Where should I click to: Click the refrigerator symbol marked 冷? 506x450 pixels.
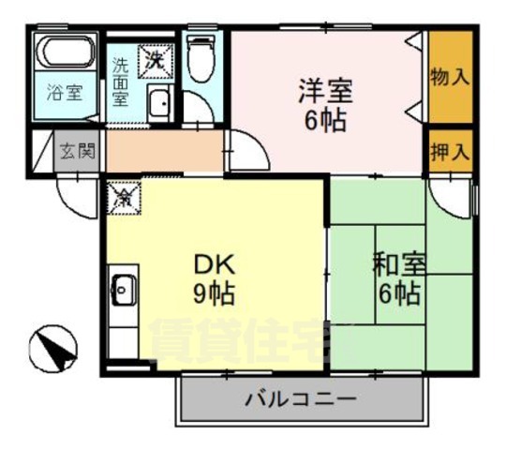pos(122,198)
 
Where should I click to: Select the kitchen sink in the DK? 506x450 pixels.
pos(122,292)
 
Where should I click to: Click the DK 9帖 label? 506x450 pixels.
pos(214,277)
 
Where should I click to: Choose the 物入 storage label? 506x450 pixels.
pos(450,77)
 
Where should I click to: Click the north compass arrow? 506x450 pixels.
pos(53,350)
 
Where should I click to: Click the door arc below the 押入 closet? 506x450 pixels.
pos(450,200)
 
